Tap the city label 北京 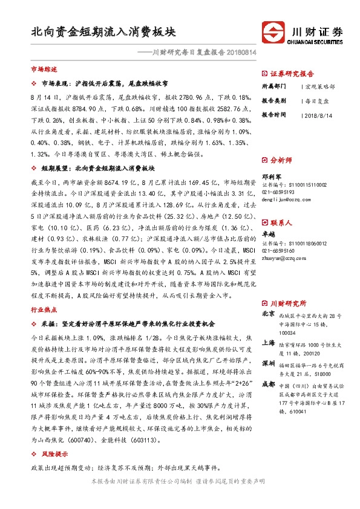(x=269, y=314)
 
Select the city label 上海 (x=269, y=342)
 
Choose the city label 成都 (x=269, y=384)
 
